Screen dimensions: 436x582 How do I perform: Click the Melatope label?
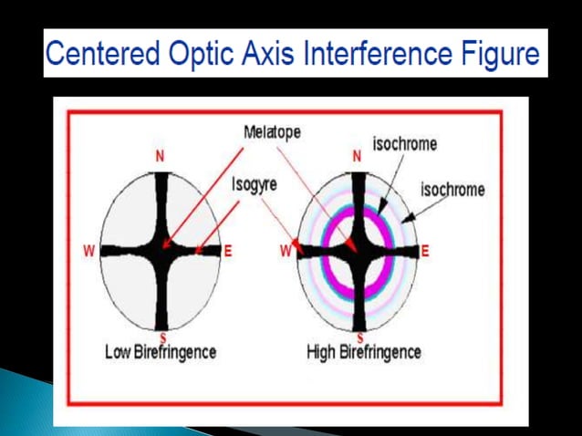coord(273,131)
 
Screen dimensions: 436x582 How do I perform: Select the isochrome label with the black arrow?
coord(452,190)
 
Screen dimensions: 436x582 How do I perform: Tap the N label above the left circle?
coord(161,156)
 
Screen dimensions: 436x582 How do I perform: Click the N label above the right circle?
coord(357,156)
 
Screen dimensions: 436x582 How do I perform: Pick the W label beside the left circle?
coord(89,251)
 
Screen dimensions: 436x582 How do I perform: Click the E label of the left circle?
coord(228,251)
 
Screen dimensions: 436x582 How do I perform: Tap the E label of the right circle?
coord(425,250)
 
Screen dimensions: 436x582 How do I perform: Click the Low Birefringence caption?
coord(161,352)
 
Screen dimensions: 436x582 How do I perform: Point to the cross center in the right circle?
coord(359,248)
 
